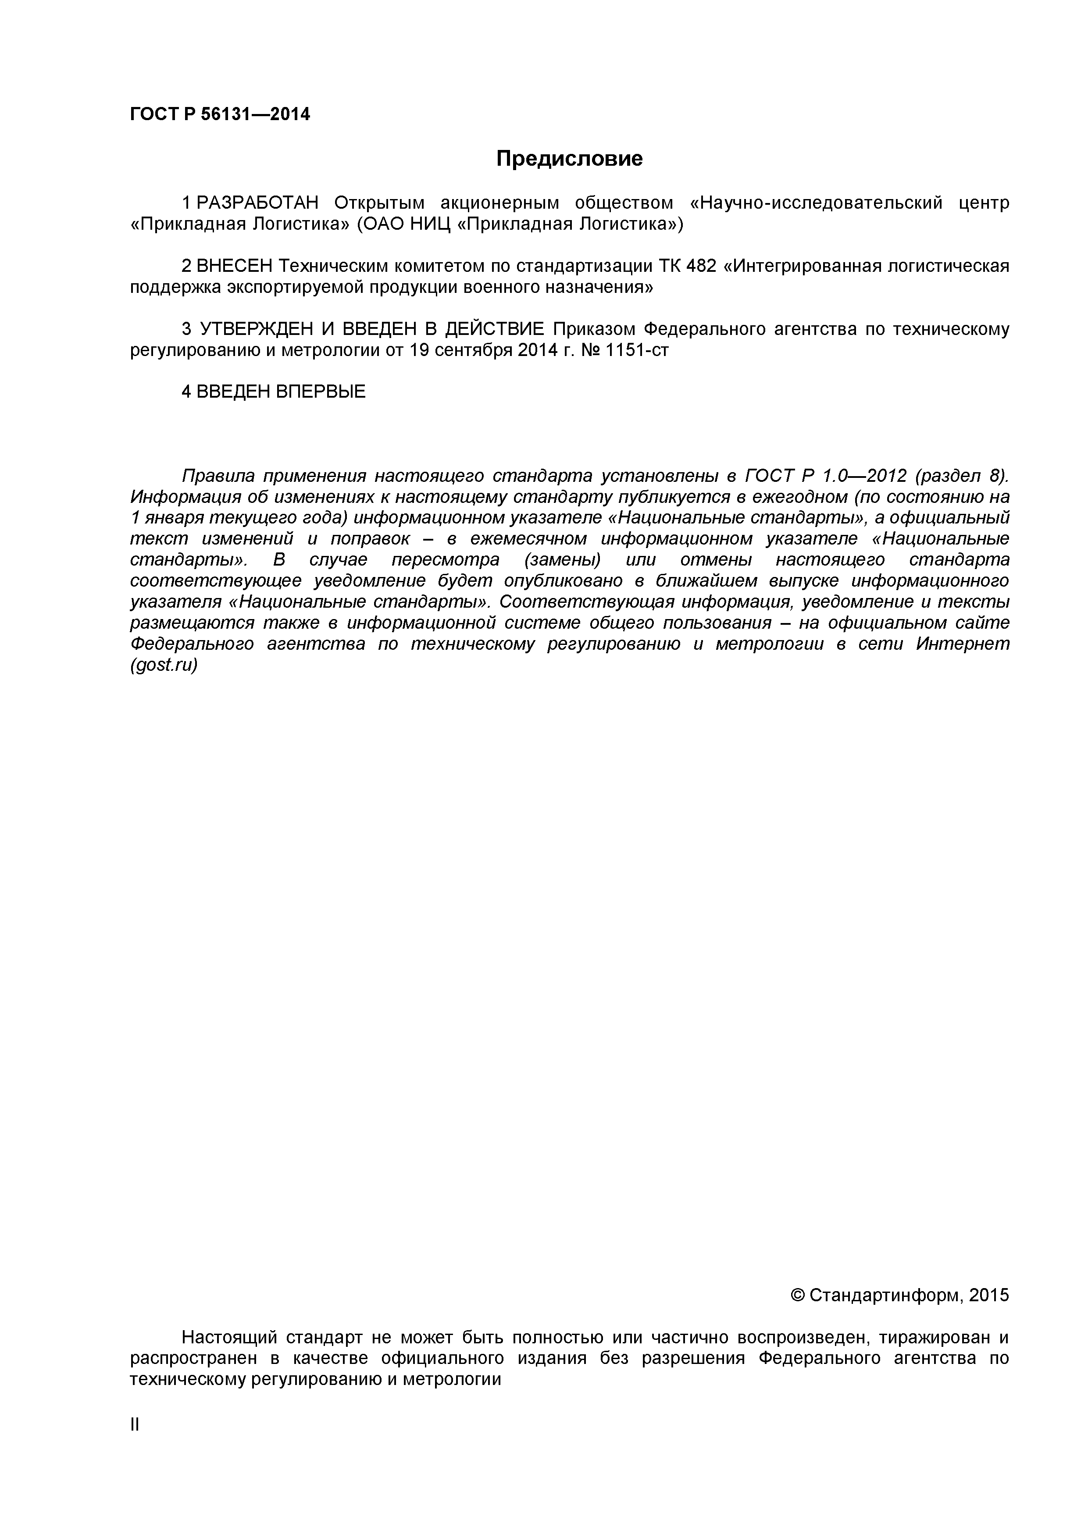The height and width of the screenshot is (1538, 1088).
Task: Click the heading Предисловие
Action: (x=569, y=159)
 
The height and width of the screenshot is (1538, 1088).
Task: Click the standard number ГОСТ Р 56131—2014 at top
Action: (x=220, y=114)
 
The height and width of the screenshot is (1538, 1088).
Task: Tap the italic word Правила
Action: (x=218, y=476)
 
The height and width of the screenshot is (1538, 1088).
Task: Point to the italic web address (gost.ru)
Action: (x=164, y=666)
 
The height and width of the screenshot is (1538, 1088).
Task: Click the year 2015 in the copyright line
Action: (x=988, y=1296)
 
